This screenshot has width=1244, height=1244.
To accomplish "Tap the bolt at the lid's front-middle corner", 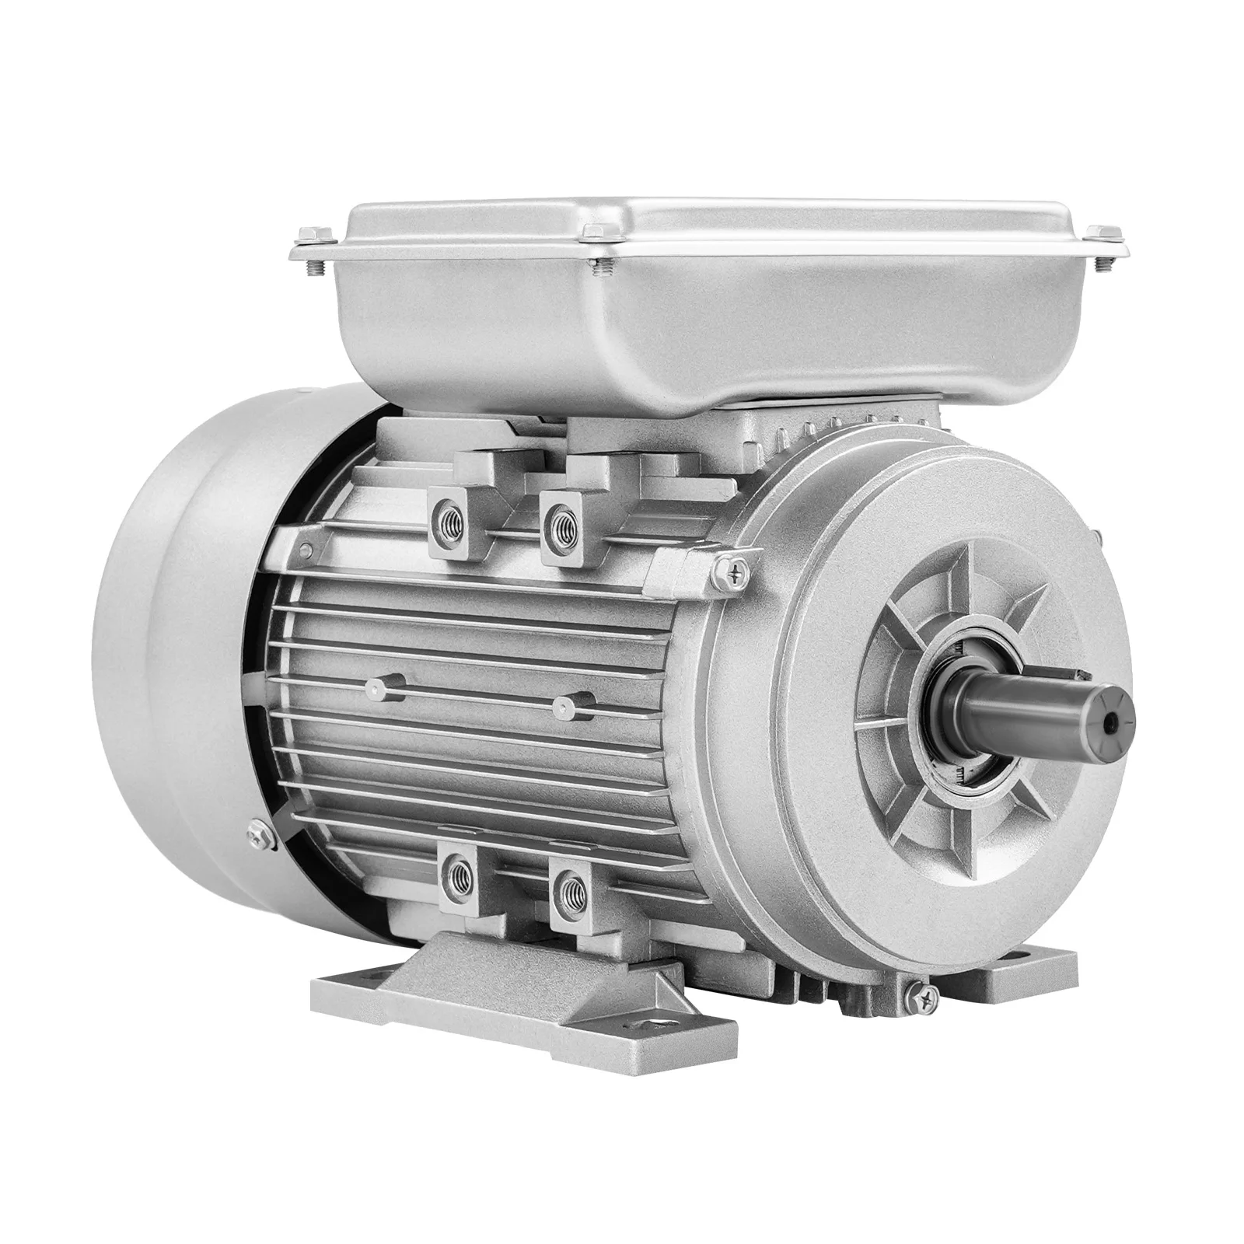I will (596, 232).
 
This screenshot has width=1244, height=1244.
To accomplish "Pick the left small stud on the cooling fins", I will (379, 685).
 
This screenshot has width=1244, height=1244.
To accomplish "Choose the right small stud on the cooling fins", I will (565, 704).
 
